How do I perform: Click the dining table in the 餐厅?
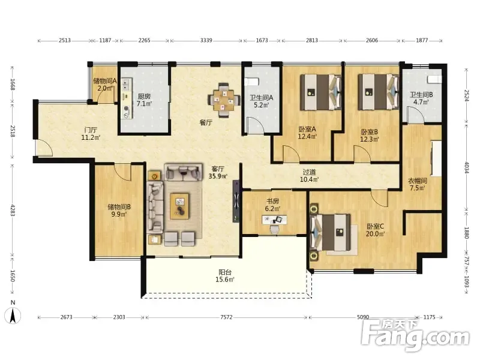224,100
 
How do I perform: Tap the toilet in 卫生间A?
251,82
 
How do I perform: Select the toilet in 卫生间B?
434,79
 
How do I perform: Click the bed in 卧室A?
320,92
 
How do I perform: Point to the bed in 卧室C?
330,232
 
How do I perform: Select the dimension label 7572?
226,317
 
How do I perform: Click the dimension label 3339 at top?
206,40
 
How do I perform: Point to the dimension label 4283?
13,210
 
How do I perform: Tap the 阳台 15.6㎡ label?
225,276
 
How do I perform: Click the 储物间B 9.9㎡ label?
119,211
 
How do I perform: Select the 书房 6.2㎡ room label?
272,205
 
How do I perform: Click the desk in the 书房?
275,220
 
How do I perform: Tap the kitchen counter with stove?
127,98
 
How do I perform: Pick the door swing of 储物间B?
123,172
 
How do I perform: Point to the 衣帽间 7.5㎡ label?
418,184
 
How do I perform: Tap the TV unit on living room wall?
236,201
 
